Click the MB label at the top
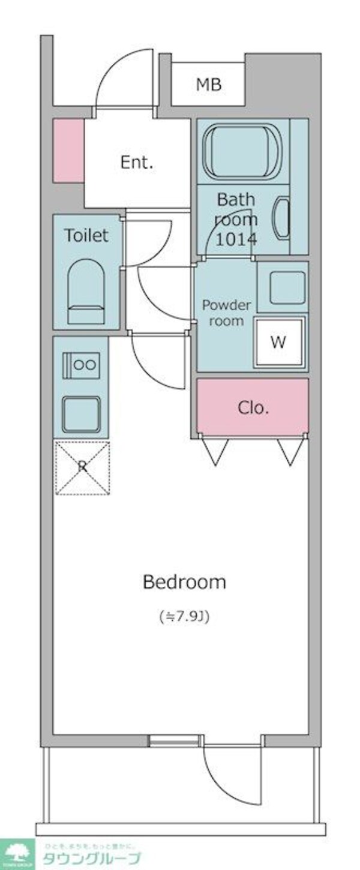(x=208, y=85)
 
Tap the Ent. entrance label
(x=137, y=162)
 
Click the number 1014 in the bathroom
(x=236, y=239)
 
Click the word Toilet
(x=87, y=236)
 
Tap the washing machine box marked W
(x=278, y=342)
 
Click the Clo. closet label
(x=253, y=408)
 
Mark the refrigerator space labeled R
(x=82, y=467)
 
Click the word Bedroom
(x=184, y=582)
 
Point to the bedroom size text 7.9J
(x=184, y=616)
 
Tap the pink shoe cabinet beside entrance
(x=68, y=151)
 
